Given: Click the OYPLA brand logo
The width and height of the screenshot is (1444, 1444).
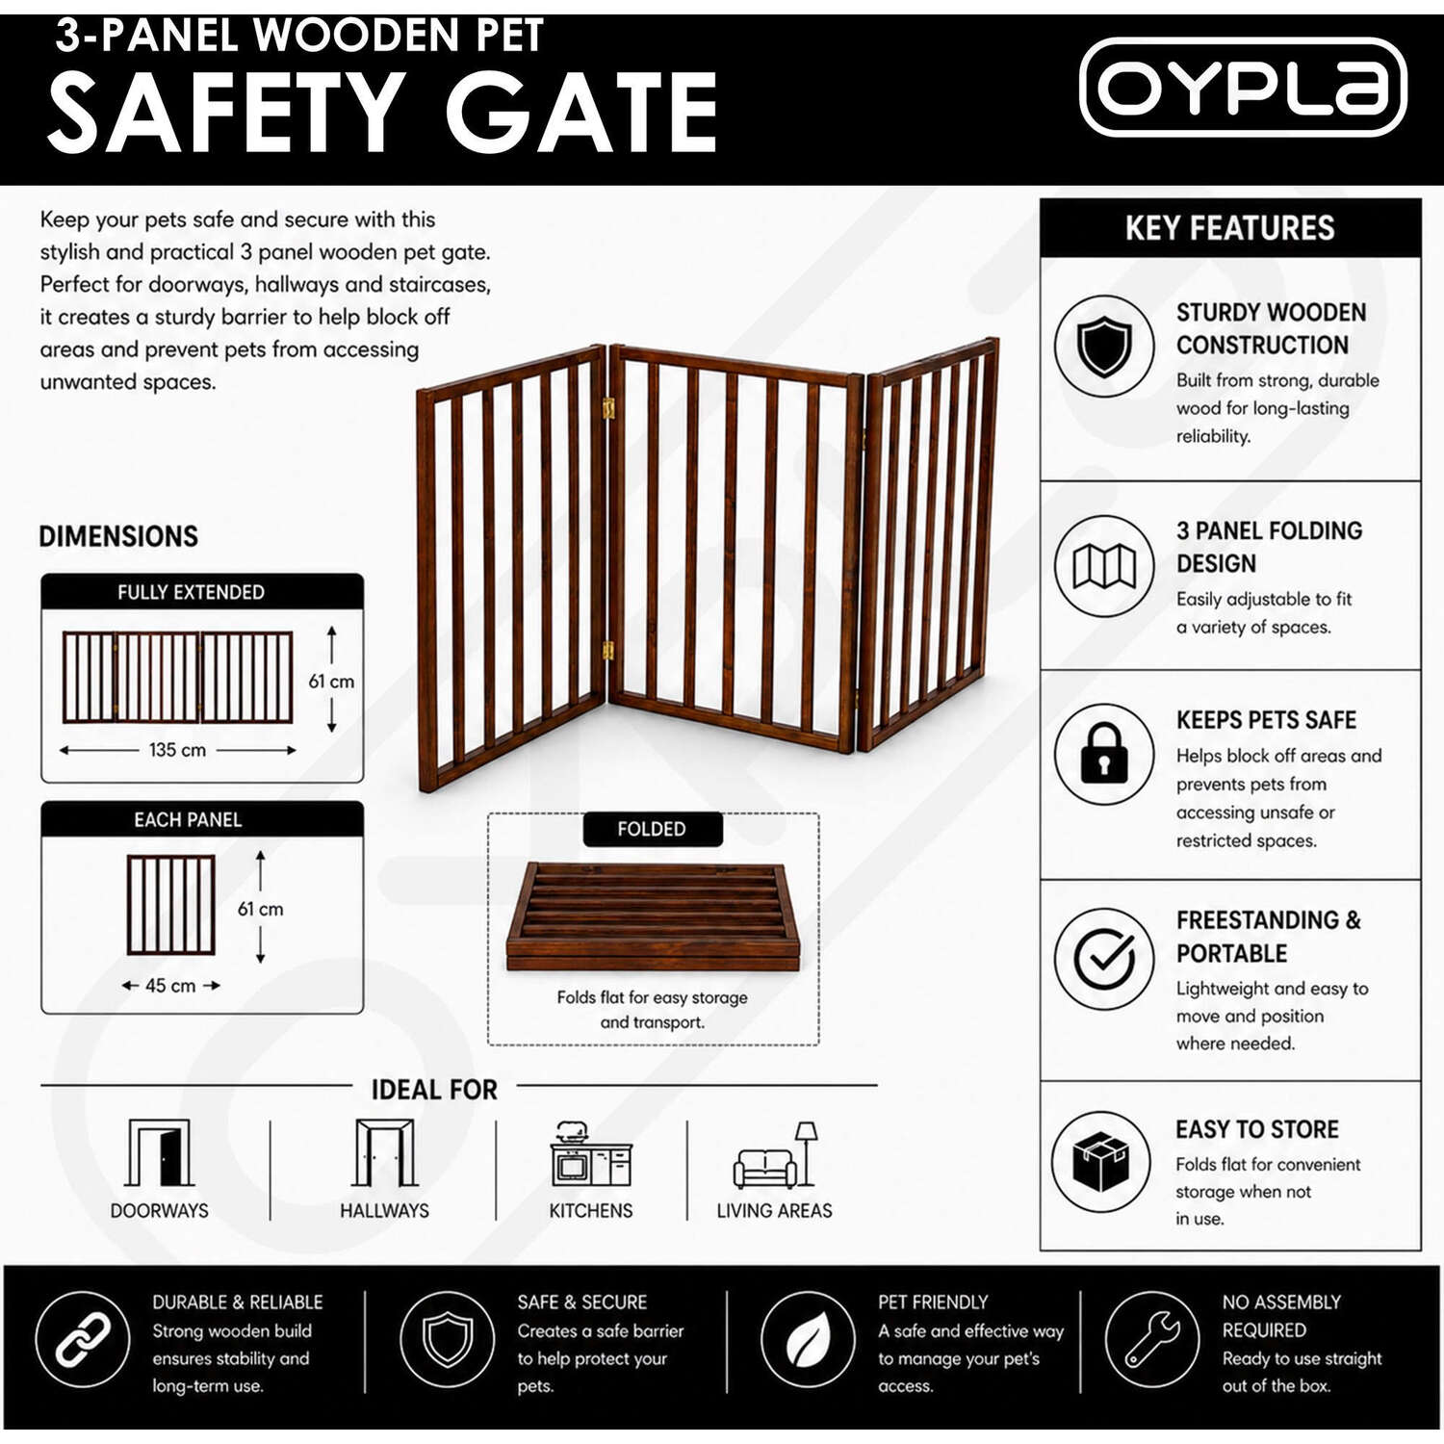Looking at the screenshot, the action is [x=1243, y=87].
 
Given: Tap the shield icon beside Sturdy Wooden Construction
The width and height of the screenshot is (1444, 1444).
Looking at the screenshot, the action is [x=1104, y=346].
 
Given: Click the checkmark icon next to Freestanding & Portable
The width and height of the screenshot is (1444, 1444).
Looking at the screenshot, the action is [x=1104, y=959].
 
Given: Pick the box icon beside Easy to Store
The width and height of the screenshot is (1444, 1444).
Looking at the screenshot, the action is [x=1100, y=1161].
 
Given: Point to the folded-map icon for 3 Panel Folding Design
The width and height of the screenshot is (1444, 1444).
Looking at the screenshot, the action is [x=1104, y=565].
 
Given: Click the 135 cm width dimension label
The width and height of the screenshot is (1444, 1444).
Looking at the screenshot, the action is [x=177, y=750].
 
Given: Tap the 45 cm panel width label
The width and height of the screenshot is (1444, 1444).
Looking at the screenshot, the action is [x=170, y=986].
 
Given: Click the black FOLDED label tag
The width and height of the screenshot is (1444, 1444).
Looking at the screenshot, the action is [x=653, y=829].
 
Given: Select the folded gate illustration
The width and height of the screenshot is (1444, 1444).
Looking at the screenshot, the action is [x=654, y=916].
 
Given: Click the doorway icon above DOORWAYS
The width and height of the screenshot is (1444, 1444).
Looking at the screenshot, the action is [x=159, y=1152].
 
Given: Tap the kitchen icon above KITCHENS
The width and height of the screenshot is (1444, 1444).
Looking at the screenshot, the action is [x=590, y=1153].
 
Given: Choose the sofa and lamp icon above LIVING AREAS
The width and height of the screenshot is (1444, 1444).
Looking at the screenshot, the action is [x=775, y=1154].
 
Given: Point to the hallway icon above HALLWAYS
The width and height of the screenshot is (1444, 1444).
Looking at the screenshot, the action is [x=385, y=1152].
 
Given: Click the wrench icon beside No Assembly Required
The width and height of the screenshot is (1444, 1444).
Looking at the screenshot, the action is [x=1152, y=1339].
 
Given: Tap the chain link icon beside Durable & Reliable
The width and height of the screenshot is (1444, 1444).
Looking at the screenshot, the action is [x=83, y=1339].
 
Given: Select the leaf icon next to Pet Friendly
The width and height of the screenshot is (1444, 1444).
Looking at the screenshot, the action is [x=809, y=1339].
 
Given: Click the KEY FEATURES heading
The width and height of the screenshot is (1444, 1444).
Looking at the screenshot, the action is [x=1230, y=228].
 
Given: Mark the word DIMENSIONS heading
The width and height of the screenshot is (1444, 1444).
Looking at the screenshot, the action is [x=118, y=536].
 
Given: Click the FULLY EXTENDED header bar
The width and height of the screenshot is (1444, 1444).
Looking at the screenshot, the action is [x=202, y=592].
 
